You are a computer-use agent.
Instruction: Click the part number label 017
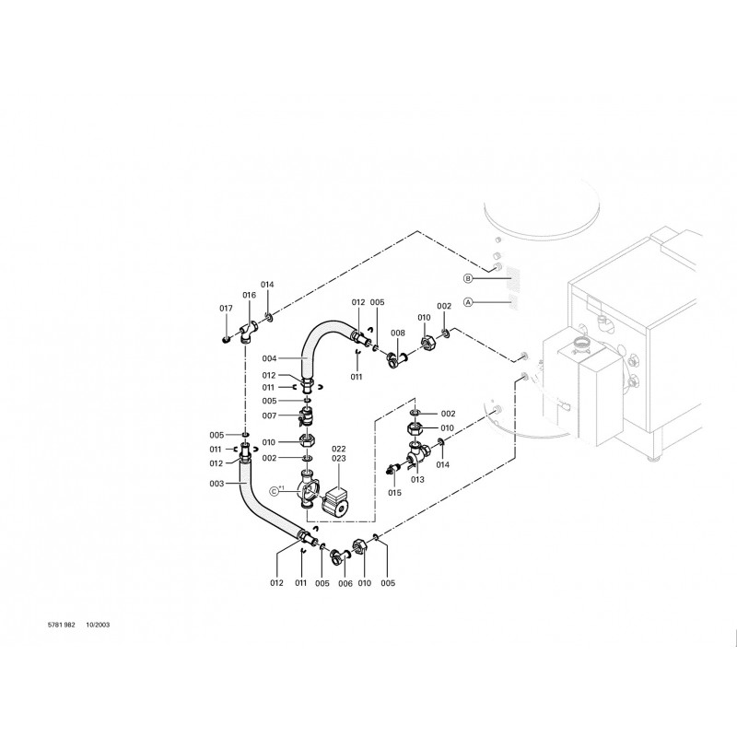[x=226, y=309]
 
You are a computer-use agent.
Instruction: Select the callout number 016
[x=249, y=295]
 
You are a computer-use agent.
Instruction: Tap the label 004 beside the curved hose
[x=269, y=358]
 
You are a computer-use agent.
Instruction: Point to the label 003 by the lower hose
[x=216, y=484]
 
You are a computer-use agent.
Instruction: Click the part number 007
[x=269, y=415]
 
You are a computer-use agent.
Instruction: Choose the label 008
[x=398, y=333]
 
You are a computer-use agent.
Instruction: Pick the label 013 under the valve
[x=417, y=479]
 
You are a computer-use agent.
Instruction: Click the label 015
[x=395, y=493]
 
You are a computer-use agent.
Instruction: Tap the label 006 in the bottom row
[x=345, y=583]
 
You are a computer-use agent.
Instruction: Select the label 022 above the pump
[x=338, y=450]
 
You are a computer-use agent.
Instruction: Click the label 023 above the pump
[x=338, y=458]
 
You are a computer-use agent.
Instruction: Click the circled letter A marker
[x=468, y=303]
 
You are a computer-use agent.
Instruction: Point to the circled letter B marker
[x=468, y=279]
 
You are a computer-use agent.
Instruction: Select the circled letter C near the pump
[x=275, y=492]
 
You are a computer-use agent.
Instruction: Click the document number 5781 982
[x=62, y=626]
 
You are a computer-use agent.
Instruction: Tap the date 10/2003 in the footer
[x=98, y=626]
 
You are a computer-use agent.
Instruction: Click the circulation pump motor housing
[x=335, y=501]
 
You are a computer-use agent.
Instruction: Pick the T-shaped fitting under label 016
[x=248, y=331]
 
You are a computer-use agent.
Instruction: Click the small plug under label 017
[x=226, y=339]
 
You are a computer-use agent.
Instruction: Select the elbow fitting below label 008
[x=395, y=360]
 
